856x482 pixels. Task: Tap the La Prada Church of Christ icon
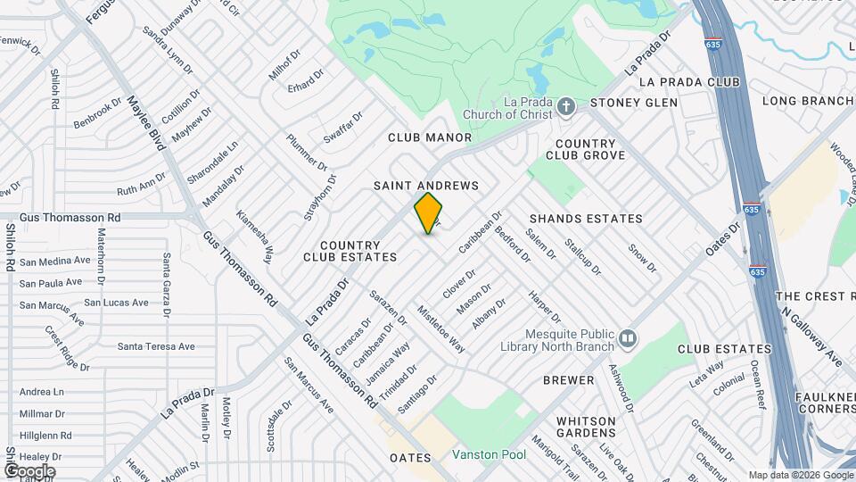click(x=565, y=108)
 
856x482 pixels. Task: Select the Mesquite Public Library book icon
click(x=629, y=337)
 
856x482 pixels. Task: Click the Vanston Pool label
click(x=489, y=454)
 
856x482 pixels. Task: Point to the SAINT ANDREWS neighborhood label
click(x=426, y=186)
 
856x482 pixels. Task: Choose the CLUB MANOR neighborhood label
click(x=430, y=137)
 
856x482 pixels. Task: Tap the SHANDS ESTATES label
click(x=586, y=219)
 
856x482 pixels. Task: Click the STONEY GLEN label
click(x=634, y=103)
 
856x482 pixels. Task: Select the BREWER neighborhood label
click(x=569, y=380)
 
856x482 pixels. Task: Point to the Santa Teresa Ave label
click(x=156, y=346)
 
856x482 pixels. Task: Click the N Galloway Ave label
click(x=812, y=337)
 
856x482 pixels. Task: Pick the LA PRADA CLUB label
click(x=689, y=82)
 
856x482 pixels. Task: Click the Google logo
click(x=29, y=470)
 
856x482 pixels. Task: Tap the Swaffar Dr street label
click(x=343, y=128)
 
